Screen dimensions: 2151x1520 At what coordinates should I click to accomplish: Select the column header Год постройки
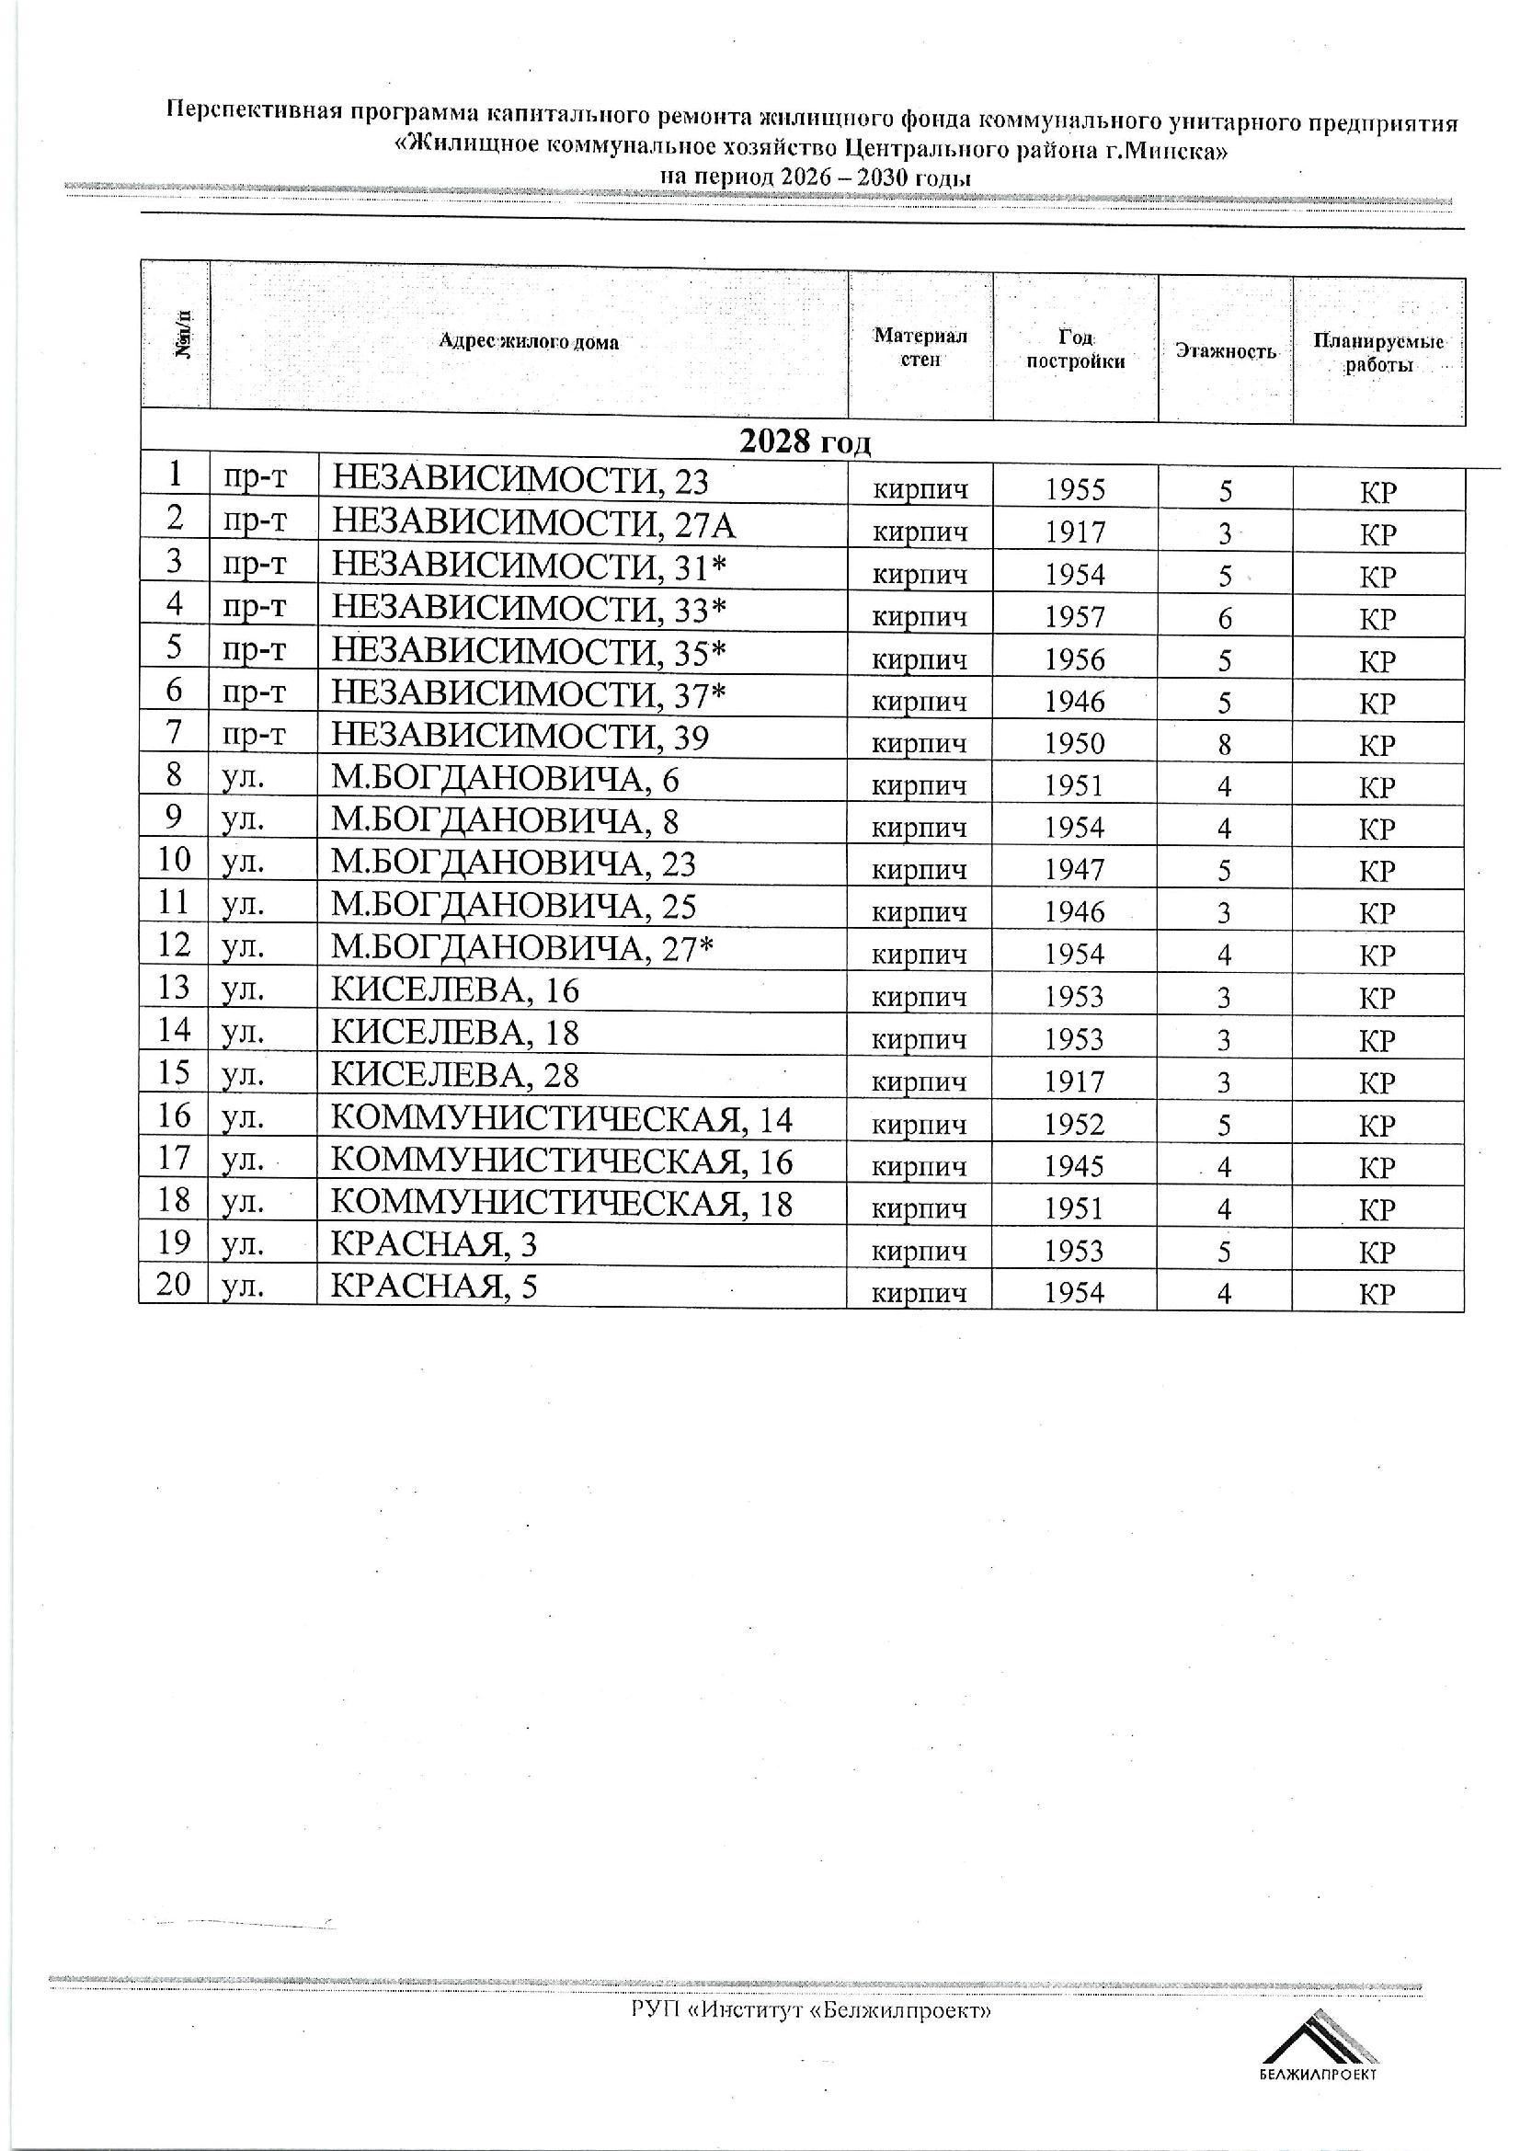click(1075, 349)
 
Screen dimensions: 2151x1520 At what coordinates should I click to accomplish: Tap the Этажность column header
click(1225, 350)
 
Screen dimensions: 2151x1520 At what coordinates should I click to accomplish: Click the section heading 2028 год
click(805, 442)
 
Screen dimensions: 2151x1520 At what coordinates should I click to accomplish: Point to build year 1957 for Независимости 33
click(1075, 617)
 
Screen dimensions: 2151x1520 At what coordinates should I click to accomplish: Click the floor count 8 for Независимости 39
click(1225, 745)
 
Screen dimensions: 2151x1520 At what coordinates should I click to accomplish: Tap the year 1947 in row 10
click(1075, 870)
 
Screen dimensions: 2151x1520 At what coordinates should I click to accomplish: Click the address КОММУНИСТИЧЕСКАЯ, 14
click(562, 1119)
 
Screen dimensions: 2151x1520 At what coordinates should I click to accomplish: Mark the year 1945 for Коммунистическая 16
click(1075, 1166)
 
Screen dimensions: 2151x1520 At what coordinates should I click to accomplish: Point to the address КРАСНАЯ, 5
click(435, 1287)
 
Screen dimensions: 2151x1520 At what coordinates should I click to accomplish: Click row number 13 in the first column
click(174, 988)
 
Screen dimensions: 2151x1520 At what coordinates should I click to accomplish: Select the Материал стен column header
click(920, 347)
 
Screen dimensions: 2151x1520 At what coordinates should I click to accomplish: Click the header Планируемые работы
click(1377, 352)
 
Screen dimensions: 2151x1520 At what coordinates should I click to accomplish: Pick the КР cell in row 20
click(1377, 1294)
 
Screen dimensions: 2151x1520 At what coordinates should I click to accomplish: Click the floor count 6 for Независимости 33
click(1225, 618)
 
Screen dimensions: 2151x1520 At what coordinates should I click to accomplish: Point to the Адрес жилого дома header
click(528, 342)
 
